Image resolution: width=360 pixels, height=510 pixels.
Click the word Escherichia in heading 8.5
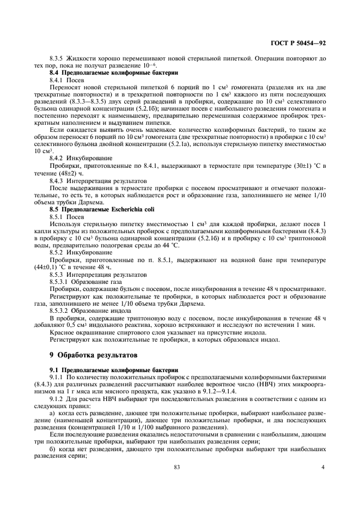tap(115, 209)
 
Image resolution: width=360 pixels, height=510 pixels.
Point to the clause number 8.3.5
tap(57, 57)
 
